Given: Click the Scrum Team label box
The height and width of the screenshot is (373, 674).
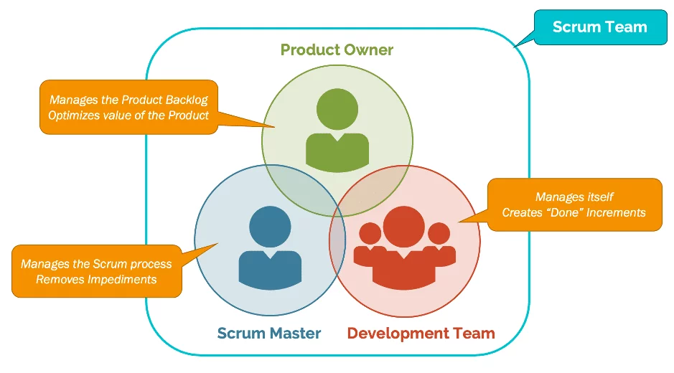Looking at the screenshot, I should (x=599, y=27).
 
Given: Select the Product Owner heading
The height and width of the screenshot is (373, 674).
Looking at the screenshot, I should (x=337, y=49).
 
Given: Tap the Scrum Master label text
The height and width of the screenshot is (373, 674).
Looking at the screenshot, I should (x=268, y=333).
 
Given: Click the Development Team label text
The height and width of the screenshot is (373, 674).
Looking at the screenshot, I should (x=421, y=333).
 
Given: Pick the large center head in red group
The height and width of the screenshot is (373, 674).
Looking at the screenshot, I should (x=404, y=223).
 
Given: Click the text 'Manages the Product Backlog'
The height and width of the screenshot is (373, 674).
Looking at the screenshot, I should (x=128, y=100).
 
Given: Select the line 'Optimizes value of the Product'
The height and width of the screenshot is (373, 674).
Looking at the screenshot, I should (x=128, y=115).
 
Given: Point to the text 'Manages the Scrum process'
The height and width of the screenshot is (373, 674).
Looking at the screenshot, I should (x=96, y=264).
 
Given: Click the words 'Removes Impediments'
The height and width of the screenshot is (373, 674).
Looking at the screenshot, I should (x=96, y=279).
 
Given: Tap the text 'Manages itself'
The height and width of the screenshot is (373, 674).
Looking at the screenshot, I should (x=574, y=197).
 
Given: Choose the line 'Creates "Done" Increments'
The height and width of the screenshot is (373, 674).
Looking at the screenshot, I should (x=574, y=212).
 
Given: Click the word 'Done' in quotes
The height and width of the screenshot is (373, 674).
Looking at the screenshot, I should (x=566, y=212).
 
